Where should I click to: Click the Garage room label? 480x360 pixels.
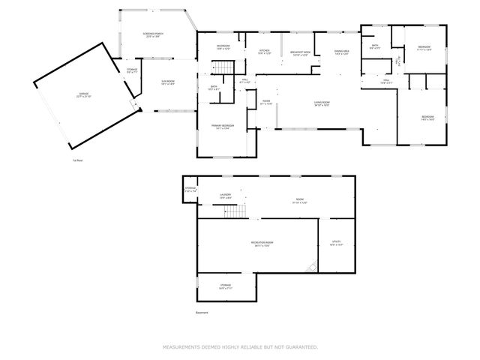73,94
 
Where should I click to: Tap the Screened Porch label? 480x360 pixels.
153,35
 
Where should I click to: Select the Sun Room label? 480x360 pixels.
167,82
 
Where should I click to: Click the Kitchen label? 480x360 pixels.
264,52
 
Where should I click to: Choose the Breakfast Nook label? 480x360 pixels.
301,53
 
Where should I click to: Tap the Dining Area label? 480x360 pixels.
343,52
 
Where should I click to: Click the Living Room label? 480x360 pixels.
322,103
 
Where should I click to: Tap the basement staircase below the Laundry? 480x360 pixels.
236,211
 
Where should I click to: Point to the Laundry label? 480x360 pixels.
225,196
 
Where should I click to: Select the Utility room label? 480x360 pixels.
336,242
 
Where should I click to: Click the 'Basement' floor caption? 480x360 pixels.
201,312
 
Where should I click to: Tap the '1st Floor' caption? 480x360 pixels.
77,160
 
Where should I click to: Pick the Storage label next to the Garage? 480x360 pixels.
132,71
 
